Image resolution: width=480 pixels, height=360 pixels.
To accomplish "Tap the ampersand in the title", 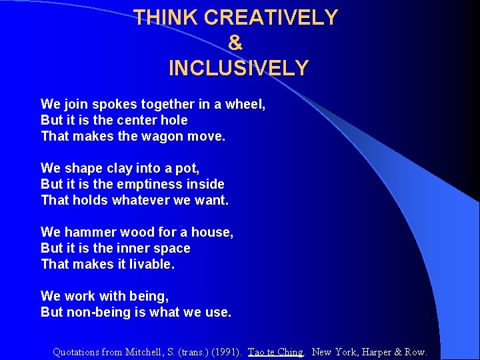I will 235,43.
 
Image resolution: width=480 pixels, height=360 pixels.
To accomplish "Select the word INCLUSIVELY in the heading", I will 239,68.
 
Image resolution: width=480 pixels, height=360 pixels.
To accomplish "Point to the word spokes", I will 113,105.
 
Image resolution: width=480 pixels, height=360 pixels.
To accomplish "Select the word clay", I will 113,168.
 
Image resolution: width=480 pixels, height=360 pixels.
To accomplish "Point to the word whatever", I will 139,200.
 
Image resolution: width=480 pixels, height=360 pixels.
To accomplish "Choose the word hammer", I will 91,232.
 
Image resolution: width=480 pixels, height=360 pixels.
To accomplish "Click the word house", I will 211,232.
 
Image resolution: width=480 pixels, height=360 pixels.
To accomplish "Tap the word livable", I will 153,264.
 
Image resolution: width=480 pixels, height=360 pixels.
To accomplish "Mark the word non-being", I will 93,312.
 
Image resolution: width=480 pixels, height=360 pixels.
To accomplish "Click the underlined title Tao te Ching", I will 275,352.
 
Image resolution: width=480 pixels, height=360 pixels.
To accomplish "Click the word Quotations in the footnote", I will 76,352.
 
